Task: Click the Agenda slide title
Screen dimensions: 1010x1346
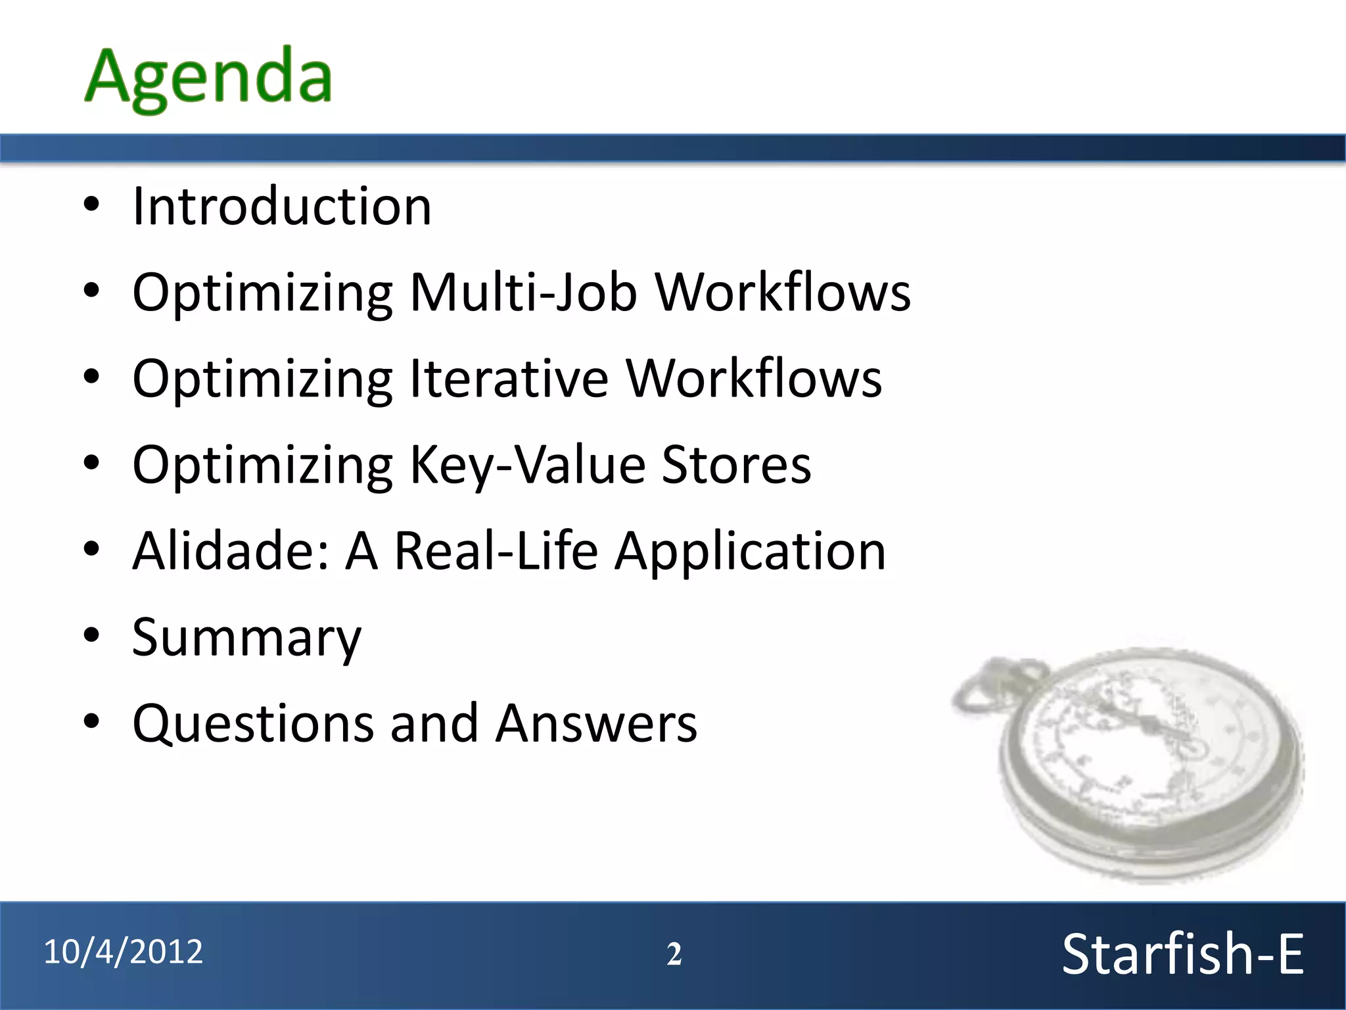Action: [x=209, y=78]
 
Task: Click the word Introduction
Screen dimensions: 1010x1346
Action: [x=282, y=206]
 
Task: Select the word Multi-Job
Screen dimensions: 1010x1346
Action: [x=523, y=292]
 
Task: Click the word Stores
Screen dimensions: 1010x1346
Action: [x=736, y=465]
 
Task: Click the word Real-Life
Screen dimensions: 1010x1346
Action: [x=496, y=551]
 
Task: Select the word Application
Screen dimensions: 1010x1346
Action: [x=750, y=551]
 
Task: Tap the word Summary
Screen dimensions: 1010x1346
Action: [x=246, y=638]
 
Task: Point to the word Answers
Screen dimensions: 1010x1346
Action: [x=595, y=723]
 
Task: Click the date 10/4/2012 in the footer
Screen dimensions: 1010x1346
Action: [x=123, y=952]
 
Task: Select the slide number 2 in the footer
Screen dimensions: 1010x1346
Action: [x=674, y=954]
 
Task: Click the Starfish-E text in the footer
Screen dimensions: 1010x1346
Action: [x=1182, y=954]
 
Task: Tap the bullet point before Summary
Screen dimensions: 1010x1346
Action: [x=91, y=636]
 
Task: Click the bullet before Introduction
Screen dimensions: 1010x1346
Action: [x=91, y=205]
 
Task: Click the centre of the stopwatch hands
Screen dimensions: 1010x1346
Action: [x=1147, y=723]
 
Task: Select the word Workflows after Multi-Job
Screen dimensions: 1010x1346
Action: [x=783, y=292]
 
